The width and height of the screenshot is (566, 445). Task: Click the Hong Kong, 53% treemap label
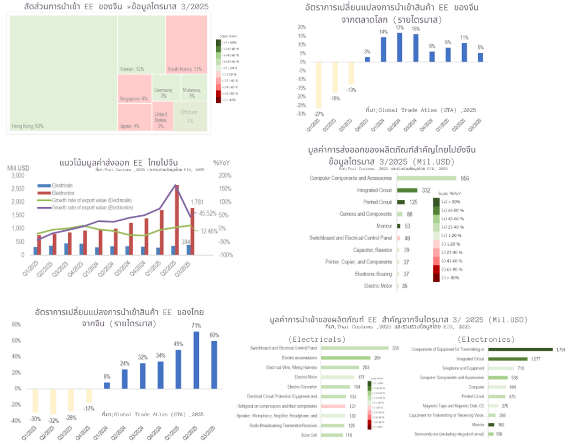point(28,126)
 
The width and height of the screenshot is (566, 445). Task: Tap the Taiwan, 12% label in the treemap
point(132,69)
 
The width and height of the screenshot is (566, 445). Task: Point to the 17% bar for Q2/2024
point(399,47)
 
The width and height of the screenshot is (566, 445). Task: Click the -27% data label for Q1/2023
point(319,114)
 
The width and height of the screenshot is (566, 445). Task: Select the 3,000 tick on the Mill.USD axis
point(17,176)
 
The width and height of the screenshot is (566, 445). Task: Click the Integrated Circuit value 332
point(426,190)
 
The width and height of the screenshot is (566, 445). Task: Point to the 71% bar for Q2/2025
point(196,359)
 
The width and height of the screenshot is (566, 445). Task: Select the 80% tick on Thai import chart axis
point(17,324)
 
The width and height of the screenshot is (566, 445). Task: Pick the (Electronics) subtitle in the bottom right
point(486,339)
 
